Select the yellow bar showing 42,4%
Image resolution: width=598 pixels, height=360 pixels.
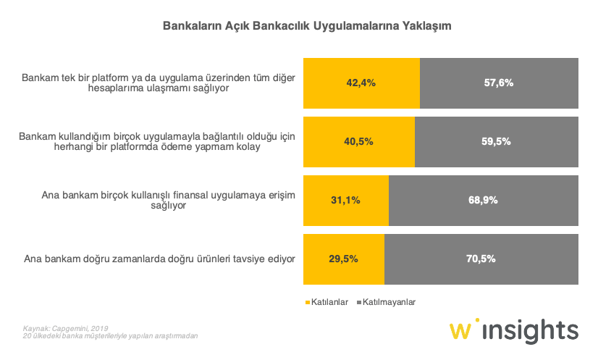(x=361, y=83)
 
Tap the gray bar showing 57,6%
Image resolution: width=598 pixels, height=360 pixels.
(x=499, y=83)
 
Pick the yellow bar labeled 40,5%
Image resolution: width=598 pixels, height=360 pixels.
(x=359, y=141)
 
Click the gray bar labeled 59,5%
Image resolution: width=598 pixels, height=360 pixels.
(x=497, y=141)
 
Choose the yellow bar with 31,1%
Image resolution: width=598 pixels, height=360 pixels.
(x=346, y=200)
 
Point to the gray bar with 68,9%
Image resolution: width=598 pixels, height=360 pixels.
(x=484, y=200)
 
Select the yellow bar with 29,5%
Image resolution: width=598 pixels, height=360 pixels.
(x=344, y=259)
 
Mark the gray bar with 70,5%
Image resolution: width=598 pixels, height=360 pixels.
(x=481, y=259)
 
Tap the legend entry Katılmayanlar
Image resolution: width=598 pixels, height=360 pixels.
(x=389, y=301)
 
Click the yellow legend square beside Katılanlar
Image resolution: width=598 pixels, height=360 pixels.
(x=307, y=302)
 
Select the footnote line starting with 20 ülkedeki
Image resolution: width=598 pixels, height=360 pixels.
(x=110, y=337)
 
